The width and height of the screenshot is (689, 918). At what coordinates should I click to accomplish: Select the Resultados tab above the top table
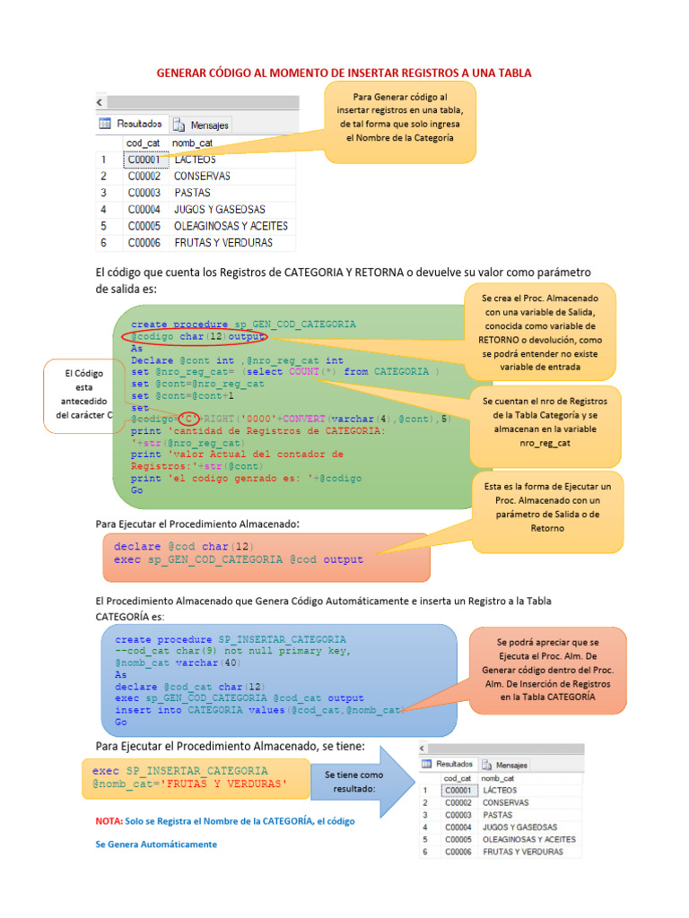(132, 124)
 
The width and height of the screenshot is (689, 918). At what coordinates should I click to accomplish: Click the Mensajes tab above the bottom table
(505, 765)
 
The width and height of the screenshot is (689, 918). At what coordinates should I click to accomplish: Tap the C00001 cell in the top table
(144, 160)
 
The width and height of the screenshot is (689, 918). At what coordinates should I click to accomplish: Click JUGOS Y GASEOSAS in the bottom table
(519, 827)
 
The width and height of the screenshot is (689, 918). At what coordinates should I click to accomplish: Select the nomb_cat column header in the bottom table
(498, 778)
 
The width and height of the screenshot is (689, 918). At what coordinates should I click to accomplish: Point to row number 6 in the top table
(104, 243)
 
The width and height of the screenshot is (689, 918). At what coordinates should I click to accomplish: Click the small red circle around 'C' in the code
(188, 419)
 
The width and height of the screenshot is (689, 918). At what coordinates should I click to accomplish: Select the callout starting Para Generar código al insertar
(399, 121)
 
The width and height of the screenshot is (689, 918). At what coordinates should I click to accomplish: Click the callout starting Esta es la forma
(547, 507)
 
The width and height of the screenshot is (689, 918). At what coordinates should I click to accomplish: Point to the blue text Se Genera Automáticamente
(156, 844)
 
